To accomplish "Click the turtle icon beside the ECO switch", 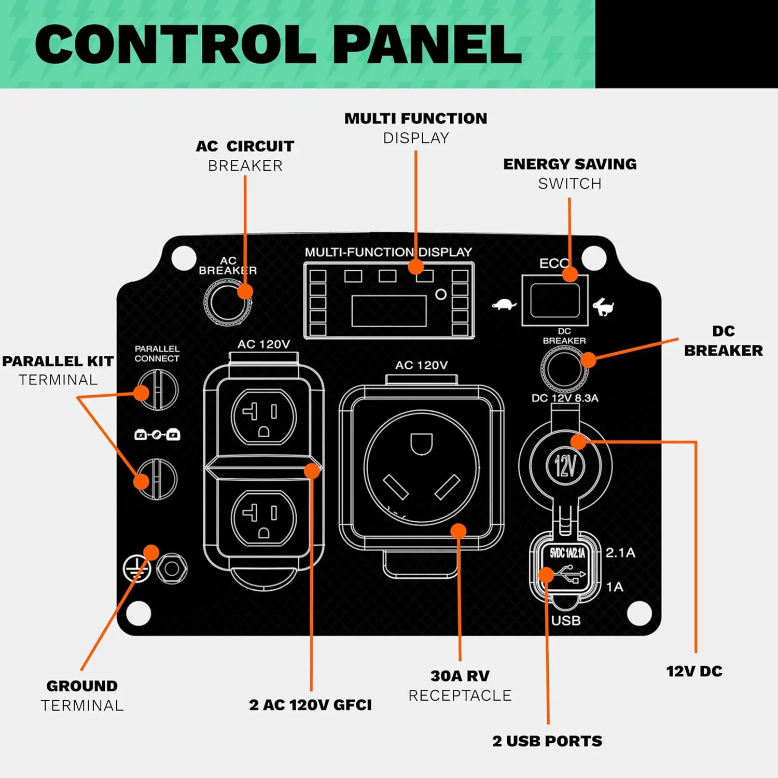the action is pos(504,304).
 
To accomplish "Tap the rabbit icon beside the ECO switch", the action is pos(603,307).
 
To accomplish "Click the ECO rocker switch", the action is pos(555,300).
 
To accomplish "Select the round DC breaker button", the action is pos(564,368).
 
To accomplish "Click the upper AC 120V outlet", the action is pos(263,416).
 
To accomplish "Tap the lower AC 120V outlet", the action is pos(263,517).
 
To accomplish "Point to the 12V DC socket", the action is pos(565,465).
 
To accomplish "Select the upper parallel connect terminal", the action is pos(157,390).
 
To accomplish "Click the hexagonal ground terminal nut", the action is pos(172,569).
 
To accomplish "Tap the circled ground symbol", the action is pos(137,569).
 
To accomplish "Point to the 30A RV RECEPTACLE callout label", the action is pos(460,685).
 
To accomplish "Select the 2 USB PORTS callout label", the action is pos(547,741).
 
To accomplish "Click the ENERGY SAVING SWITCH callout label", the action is pos(570,174).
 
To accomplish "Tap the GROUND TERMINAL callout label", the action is pos(82,696).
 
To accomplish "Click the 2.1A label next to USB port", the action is pos(620,552).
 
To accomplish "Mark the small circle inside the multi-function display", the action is pos(441,295).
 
